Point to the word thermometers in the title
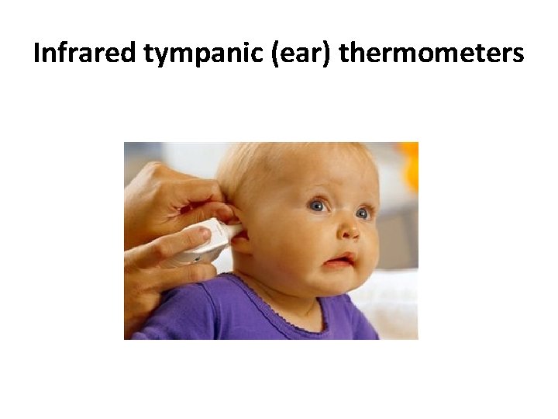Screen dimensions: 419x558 point(432,54)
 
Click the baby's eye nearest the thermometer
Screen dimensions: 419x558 point(317,206)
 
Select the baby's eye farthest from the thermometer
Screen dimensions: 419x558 point(363,213)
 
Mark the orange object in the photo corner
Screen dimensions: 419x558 point(410,167)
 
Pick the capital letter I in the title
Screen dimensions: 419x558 point(37,54)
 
